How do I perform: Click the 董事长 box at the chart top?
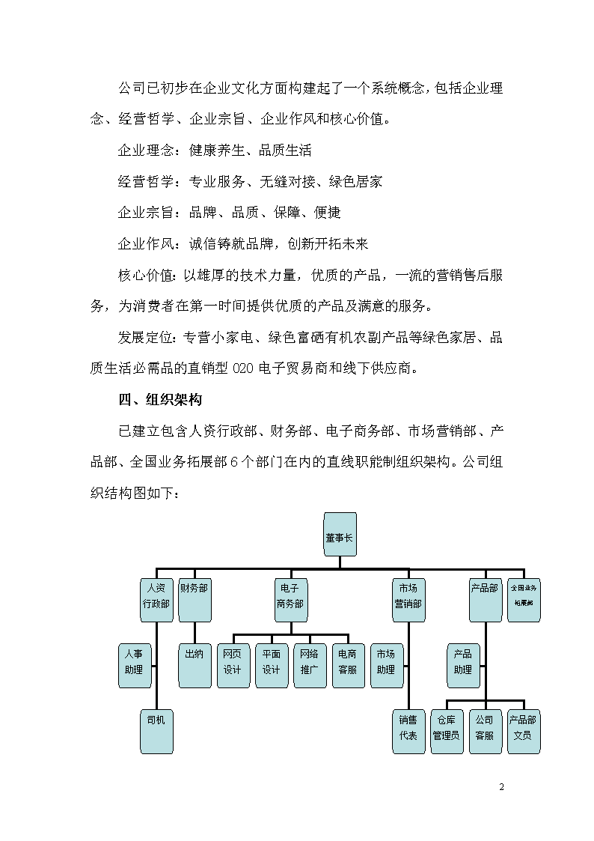340,534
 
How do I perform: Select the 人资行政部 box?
156,600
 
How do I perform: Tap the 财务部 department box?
195,600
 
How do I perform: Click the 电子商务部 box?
291,600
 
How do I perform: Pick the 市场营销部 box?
408,600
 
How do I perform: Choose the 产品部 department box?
486,600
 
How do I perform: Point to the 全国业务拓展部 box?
524,600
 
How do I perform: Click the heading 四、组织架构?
160,400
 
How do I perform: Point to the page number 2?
501,787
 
